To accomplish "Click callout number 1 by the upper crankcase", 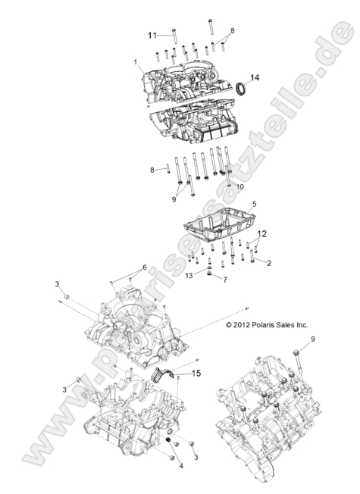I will coord(136,61).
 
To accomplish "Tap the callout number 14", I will coord(255,77).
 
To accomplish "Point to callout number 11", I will coord(152,35).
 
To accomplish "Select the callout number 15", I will coord(195,372).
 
